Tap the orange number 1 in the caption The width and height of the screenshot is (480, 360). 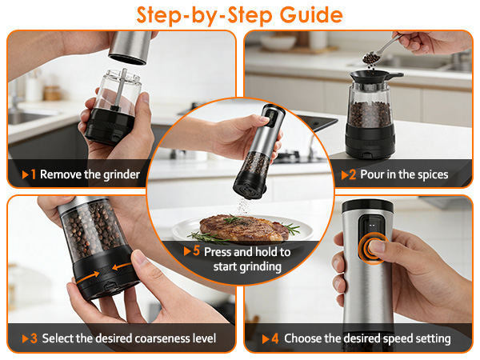tap(34, 174)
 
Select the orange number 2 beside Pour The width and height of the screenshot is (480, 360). tap(352, 174)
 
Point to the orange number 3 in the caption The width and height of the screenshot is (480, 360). tap(34, 338)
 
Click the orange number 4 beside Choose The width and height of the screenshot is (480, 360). tap(275, 338)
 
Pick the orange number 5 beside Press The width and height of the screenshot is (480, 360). tap(196, 250)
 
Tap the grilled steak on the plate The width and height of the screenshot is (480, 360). tap(244, 228)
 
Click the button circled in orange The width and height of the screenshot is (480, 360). tap(373, 248)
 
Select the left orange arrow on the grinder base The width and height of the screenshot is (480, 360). tap(88, 276)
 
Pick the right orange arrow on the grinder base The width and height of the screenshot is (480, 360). tap(122, 266)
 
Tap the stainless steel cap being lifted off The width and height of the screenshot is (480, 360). tap(130, 47)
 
